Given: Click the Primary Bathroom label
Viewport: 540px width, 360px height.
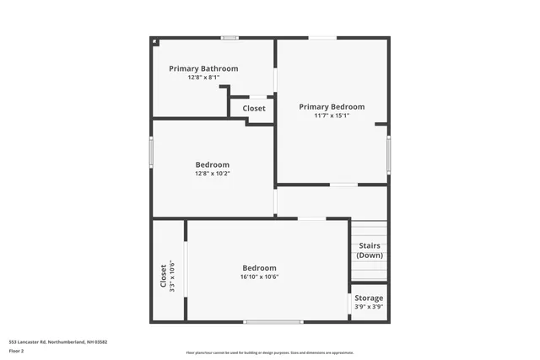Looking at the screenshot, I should click(203, 68).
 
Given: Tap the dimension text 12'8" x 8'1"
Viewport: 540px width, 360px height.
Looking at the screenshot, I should click(203, 78).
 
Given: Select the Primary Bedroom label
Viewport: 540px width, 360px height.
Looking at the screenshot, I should click(332, 107).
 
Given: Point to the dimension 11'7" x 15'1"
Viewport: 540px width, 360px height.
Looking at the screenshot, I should click(332, 116).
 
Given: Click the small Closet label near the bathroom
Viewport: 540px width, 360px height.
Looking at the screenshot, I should click(254, 109).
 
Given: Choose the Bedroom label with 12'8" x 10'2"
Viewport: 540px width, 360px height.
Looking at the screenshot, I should click(212, 164).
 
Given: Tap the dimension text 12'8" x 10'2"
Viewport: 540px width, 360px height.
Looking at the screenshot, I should click(212, 174).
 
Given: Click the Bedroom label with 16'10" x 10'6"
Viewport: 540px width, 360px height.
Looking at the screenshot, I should click(259, 267).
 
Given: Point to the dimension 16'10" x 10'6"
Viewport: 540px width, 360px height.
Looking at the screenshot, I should click(259, 277).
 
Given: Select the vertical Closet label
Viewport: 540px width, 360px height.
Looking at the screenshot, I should click(163, 276).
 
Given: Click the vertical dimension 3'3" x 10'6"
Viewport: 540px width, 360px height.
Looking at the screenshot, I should click(172, 276).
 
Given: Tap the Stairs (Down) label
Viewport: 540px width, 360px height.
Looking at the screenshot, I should click(370, 250).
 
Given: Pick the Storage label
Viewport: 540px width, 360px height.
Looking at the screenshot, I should click(369, 298).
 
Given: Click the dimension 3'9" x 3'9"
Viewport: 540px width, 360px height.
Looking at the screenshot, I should click(369, 307).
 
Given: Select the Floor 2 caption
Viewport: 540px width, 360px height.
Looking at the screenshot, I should click(16, 351).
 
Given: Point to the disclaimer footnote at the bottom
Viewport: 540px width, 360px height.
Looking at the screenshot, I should click(270, 352).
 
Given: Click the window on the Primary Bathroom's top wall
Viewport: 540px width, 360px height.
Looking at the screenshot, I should click(229, 38).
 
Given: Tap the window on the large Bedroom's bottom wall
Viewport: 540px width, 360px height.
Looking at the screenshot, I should click(273, 321).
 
